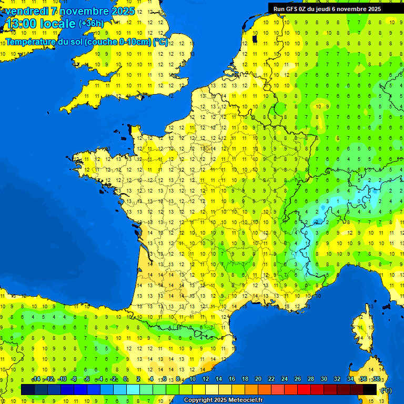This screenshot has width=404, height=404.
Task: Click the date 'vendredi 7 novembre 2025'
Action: [69, 11]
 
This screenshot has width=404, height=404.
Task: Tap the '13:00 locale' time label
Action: [41, 24]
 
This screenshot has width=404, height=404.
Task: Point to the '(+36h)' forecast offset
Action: [91, 24]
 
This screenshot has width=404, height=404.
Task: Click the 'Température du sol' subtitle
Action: [87, 42]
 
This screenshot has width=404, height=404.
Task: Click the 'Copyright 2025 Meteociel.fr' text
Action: [223, 400]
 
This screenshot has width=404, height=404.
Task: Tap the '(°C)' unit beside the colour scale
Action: [386, 390]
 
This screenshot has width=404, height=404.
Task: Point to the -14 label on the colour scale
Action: [36, 379]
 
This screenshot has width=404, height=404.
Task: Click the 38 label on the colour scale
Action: [377, 379]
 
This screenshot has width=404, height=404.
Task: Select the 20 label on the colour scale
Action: [258, 379]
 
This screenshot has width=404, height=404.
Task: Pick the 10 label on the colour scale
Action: [193, 379]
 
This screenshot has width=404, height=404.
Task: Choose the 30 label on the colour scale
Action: [324, 379]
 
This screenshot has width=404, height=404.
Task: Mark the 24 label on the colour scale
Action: [285, 379]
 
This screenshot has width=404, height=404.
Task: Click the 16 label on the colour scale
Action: [232, 379]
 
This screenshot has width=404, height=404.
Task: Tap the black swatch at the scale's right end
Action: [370, 390]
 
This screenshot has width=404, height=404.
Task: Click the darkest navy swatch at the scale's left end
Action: [28, 390]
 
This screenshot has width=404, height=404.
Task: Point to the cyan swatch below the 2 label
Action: [133, 390]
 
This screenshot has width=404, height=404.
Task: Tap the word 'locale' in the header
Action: [57, 24]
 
